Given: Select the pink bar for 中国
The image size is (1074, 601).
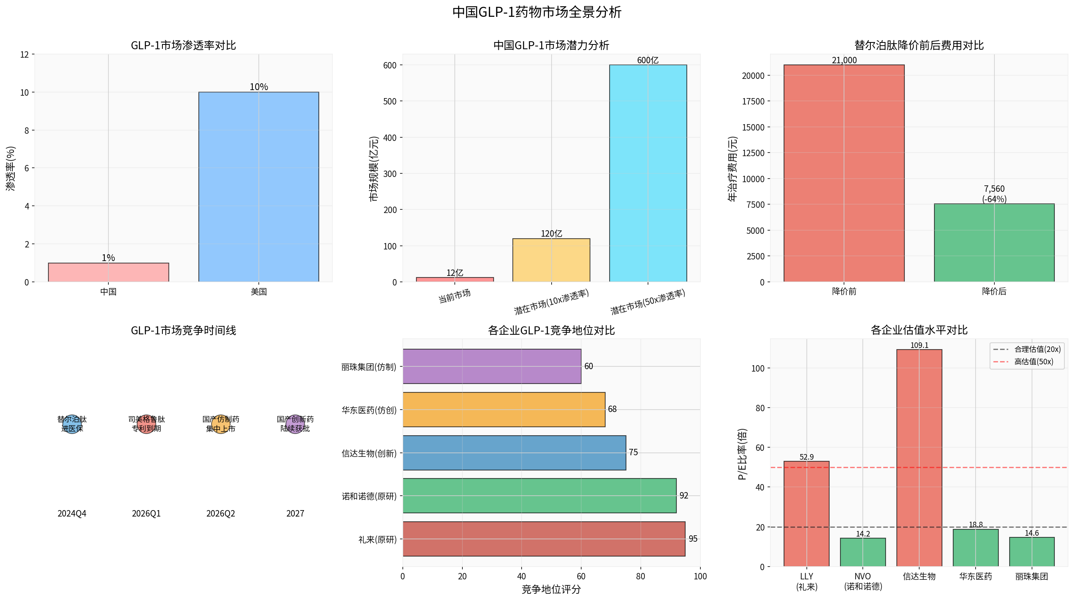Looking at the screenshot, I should (108, 272).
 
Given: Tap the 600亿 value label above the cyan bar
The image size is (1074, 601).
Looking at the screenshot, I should (648, 60).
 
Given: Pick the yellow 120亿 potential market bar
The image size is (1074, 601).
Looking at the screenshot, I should (551, 260).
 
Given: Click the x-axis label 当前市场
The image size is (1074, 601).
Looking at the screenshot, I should (454, 296).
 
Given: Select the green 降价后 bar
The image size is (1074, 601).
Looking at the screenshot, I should (994, 243).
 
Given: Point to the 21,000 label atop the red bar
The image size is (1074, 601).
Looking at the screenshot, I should (844, 60).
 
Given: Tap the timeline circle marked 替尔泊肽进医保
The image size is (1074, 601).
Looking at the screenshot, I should (72, 424).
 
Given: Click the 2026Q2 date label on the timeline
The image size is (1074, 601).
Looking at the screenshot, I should (220, 513).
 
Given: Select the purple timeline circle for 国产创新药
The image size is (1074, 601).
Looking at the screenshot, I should (295, 424).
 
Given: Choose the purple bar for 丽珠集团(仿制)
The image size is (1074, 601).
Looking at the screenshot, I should (492, 366).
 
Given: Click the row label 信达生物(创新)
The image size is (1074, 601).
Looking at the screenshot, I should (369, 453).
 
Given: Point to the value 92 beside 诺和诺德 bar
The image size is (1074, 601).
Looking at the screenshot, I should (684, 495).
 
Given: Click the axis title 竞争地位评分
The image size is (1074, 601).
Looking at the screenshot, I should (551, 589).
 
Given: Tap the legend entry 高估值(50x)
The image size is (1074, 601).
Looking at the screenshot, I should (1034, 362).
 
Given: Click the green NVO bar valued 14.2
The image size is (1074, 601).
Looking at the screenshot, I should (863, 552).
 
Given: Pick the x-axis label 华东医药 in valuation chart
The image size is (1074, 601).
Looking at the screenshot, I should (976, 577).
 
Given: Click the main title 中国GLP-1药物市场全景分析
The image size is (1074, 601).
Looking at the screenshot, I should (537, 12).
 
